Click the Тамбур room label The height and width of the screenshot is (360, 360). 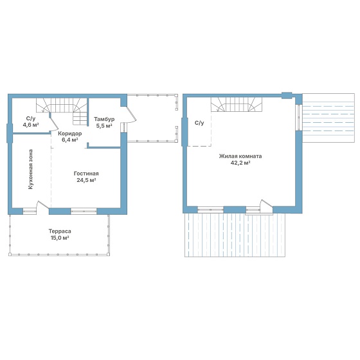tap(104, 119)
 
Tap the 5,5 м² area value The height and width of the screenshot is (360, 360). tap(104, 125)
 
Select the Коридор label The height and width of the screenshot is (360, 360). tap(70, 134)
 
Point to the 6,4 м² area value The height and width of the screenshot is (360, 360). tap(70, 140)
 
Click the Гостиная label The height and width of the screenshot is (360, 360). tap(86, 174)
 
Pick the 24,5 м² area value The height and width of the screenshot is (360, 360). tap(86, 180)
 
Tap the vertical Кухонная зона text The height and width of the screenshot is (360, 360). tap(31, 170)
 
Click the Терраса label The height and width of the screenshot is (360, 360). tap(60, 231)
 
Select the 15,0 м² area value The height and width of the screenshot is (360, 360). tap(60, 238)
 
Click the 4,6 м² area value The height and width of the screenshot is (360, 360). tap(31, 125)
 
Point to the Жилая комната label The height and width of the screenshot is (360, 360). tap(240, 156)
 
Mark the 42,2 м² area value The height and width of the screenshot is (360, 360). tap(240, 163)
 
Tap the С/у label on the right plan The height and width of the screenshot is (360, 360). tap(199, 123)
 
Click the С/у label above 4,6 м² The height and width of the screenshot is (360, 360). tap(31, 118)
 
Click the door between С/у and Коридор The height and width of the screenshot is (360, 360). tap(54, 123)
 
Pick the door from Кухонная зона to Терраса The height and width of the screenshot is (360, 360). tap(42, 205)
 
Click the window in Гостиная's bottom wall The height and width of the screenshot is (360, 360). tap(84, 211)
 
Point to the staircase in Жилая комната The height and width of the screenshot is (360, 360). tap(237, 104)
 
